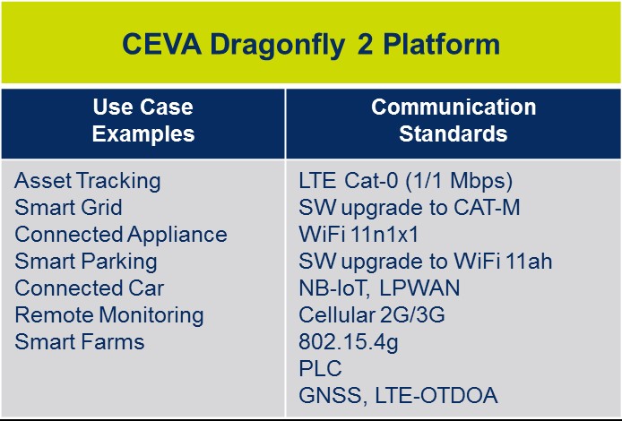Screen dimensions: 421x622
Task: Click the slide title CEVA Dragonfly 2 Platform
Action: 310,44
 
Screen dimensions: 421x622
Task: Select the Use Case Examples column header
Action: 143,121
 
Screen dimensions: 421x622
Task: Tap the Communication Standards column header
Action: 454,121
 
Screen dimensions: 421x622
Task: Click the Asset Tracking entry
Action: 88,181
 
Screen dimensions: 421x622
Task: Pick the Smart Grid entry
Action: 69,208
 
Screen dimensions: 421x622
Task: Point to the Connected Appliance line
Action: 121,235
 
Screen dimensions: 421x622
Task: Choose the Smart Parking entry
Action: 86,262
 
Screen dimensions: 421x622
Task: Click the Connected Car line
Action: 90,288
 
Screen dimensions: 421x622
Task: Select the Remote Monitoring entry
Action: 109,315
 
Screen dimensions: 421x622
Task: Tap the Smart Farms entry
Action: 80,342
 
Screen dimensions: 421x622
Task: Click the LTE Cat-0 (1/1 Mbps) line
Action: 406,181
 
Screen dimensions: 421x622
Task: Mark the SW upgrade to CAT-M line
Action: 410,208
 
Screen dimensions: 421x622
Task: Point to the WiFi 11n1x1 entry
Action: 359,235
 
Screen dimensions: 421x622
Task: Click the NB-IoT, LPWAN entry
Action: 379,288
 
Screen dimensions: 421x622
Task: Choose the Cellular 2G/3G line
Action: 371,315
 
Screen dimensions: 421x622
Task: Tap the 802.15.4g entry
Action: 341,342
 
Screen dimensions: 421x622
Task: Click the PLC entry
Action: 320,369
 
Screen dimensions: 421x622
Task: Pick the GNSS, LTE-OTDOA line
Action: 398,396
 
